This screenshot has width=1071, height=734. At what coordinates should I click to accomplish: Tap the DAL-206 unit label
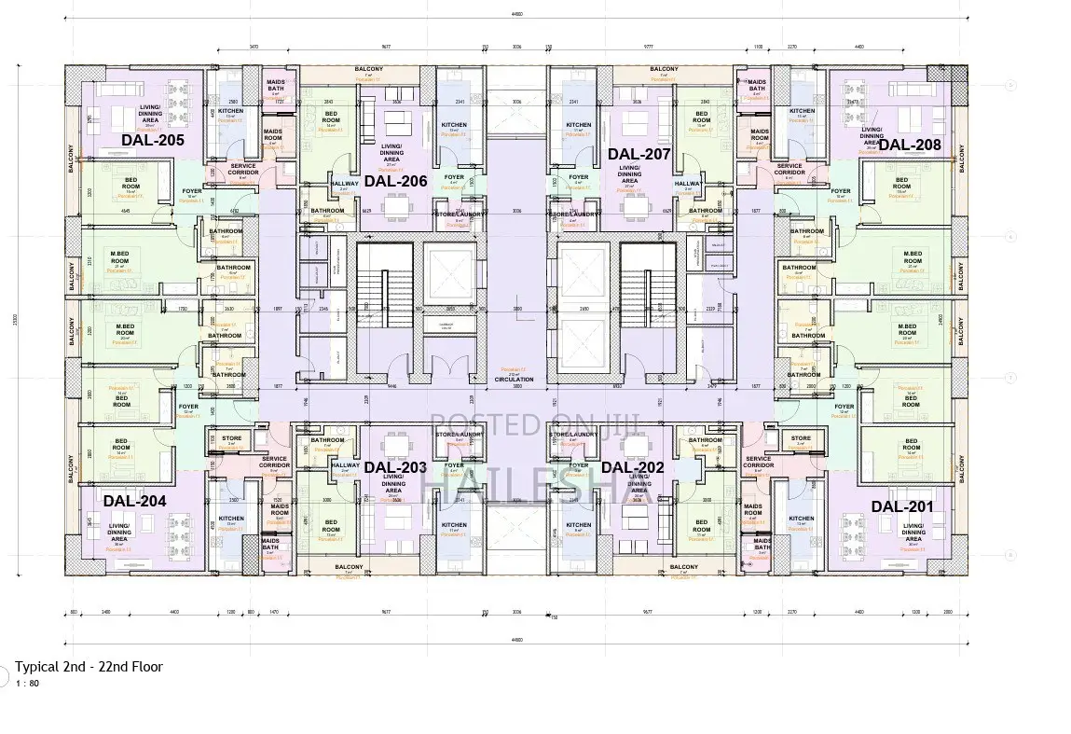coord(395,181)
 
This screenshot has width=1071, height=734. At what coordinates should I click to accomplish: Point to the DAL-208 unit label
coord(910,144)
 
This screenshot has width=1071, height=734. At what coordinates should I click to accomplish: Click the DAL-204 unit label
coord(134,501)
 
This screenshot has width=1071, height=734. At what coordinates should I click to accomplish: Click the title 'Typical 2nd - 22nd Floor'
coord(89,666)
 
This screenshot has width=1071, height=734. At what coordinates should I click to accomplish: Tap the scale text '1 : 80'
coord(27,683)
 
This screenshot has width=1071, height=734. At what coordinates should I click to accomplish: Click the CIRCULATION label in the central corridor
coord(515,380)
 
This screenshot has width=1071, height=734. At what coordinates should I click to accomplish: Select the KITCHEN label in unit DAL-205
coord(230,111)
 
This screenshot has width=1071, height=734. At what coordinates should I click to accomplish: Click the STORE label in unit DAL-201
coord(801,438)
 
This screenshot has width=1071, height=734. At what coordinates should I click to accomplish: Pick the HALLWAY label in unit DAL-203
coord(345,465)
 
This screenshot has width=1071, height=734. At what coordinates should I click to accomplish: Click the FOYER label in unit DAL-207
coord(579,177)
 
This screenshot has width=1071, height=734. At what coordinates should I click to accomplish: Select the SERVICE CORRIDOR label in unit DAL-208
coord(790,170)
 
